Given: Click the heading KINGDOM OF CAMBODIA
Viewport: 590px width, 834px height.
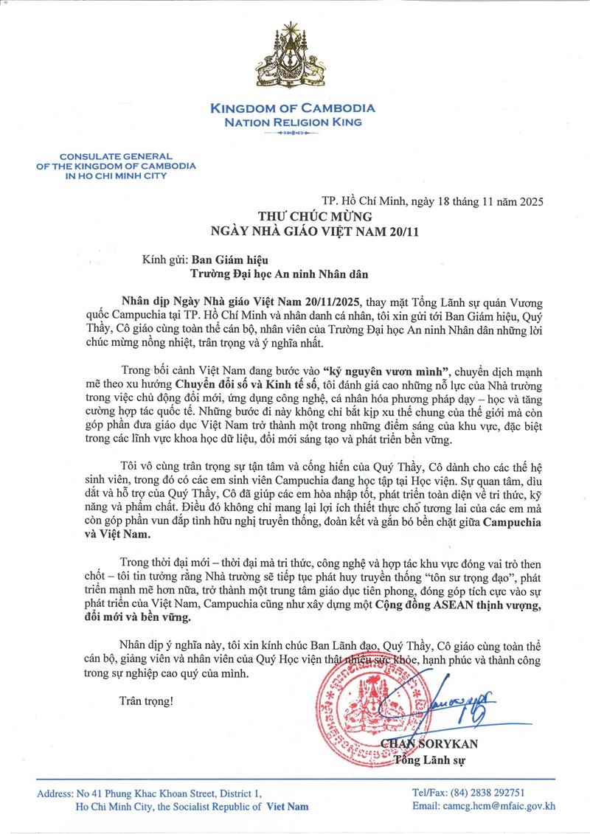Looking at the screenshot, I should [x=293, y=108].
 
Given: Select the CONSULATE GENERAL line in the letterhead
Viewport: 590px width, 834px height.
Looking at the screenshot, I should [x=116, y=156].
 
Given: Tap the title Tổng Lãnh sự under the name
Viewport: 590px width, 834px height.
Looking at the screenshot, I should [x=432, y=760].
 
